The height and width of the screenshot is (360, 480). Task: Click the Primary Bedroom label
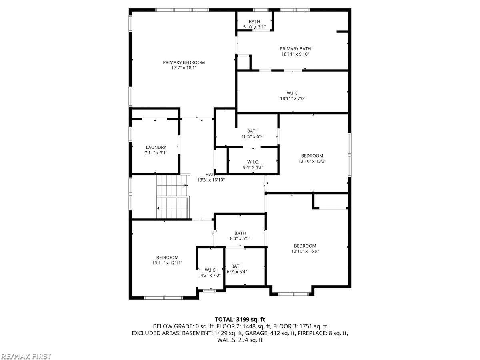[184, 62]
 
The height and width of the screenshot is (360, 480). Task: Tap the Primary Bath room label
[295, 49]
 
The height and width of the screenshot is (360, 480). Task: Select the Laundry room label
[156, 147]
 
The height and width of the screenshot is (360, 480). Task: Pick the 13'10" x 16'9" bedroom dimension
[305, 251]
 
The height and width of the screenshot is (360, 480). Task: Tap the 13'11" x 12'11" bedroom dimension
[167, 263]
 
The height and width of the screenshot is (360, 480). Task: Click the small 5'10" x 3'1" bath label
[254, 27]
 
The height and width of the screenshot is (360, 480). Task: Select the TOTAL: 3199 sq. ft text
[240, 319]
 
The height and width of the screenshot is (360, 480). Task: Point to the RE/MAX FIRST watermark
[26, 356]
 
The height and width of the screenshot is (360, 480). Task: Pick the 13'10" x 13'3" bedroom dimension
[312, 161]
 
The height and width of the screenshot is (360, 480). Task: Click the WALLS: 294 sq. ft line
[240, 340]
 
